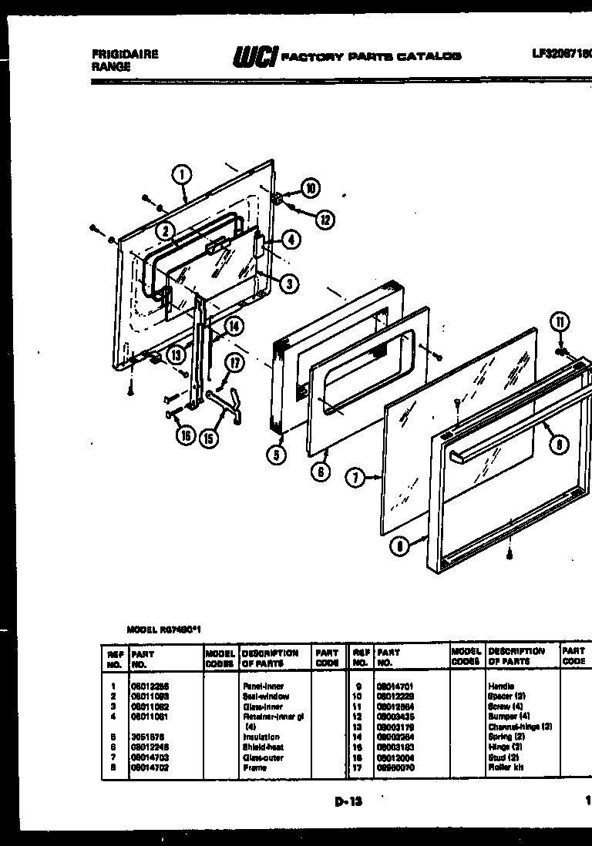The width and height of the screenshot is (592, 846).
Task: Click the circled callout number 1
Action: point(182,175)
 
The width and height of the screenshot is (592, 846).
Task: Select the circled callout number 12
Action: point(325,219)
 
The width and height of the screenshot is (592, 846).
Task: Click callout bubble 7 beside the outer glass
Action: point(355,479)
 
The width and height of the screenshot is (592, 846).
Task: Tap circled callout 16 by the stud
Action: point(183,436)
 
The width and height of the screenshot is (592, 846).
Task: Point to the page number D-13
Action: point(348,801)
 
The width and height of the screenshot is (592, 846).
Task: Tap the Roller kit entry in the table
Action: point(503,767)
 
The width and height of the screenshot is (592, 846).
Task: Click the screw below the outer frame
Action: point(510,552)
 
